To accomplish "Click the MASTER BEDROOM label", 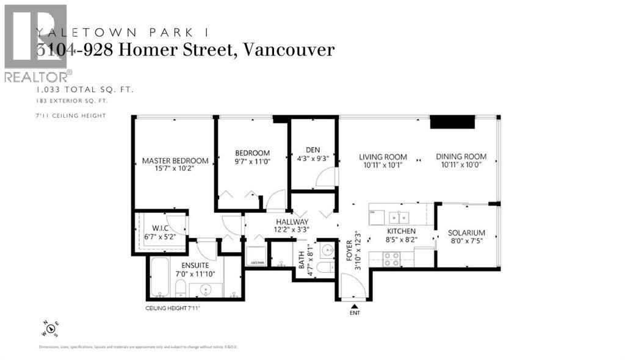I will tap(175, 161).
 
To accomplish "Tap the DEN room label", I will tap(312, 149).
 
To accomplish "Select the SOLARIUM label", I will tap(466, 233).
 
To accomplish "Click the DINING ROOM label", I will tap(461, 157).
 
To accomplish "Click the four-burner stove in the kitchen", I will tap(392, 259).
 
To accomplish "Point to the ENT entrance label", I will tap(355, 313).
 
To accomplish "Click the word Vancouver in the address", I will tap(289, 50).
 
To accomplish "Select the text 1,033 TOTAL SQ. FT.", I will tap(85, 90).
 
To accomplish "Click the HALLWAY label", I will tap(291, 221).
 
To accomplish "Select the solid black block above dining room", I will tap(452, 122).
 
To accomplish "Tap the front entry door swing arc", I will tap(352, 286).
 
